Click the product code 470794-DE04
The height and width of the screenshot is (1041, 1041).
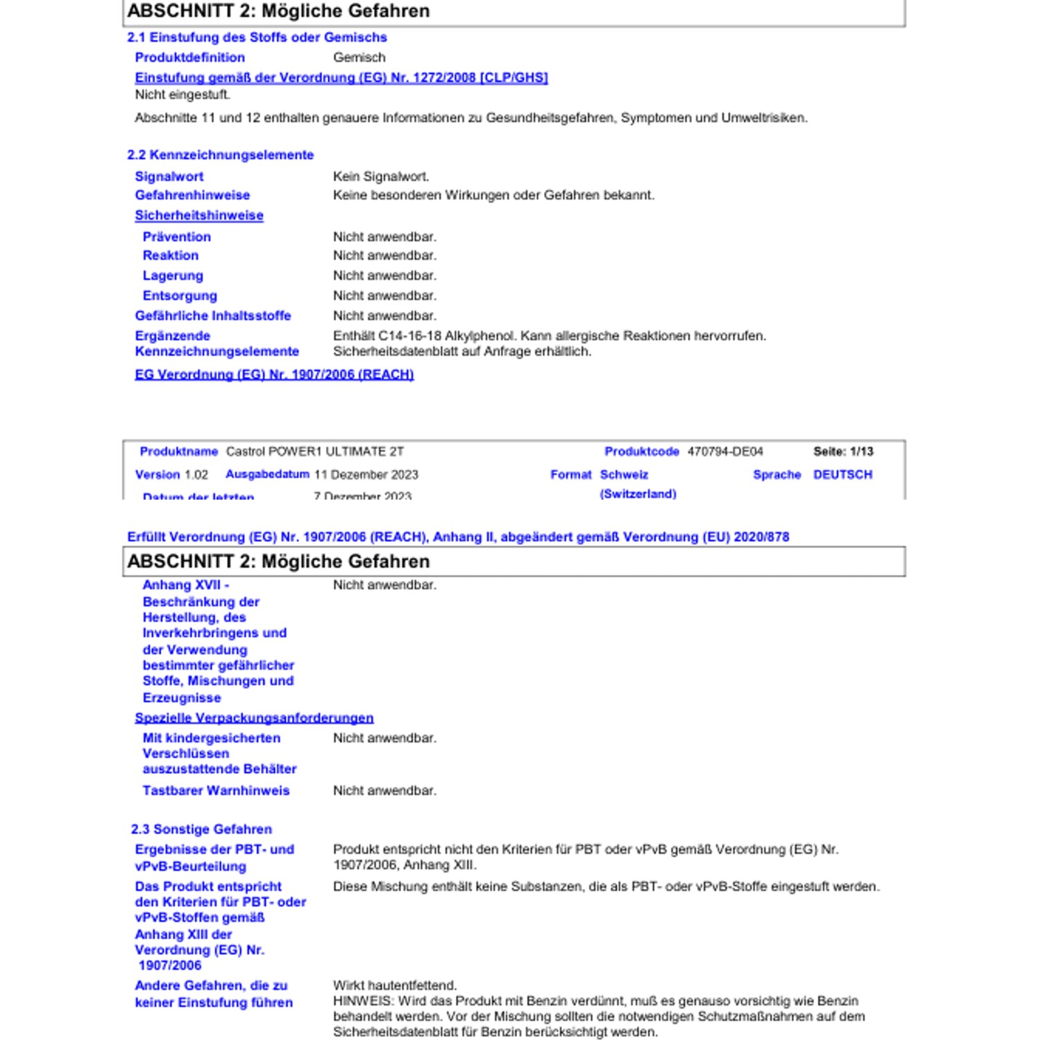725,452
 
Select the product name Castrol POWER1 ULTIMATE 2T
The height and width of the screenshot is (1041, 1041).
314,452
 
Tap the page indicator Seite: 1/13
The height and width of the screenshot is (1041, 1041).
843,452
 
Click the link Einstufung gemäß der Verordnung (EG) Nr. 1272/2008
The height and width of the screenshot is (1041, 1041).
341,78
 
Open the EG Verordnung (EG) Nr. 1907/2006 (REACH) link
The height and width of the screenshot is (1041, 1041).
274,375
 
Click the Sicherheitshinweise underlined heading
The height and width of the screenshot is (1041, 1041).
199,216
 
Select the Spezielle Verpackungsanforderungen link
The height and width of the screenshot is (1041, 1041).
254,718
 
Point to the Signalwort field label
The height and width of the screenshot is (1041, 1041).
169,177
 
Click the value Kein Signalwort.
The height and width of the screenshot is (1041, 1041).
381,177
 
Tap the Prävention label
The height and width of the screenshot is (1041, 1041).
177,237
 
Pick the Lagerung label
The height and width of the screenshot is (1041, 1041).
173,276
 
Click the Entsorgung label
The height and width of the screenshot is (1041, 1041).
180,296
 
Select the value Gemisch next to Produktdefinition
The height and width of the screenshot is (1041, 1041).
359,58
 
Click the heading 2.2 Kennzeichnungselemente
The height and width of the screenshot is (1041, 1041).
220,155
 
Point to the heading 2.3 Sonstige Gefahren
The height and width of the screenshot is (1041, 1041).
201,829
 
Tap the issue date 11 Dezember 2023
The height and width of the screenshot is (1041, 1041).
366,475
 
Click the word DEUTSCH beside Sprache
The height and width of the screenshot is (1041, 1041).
843,475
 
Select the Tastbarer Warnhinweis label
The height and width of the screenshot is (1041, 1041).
216,790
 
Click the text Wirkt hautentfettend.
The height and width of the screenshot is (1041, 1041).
395,985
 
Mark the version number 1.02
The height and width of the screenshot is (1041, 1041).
196,475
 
